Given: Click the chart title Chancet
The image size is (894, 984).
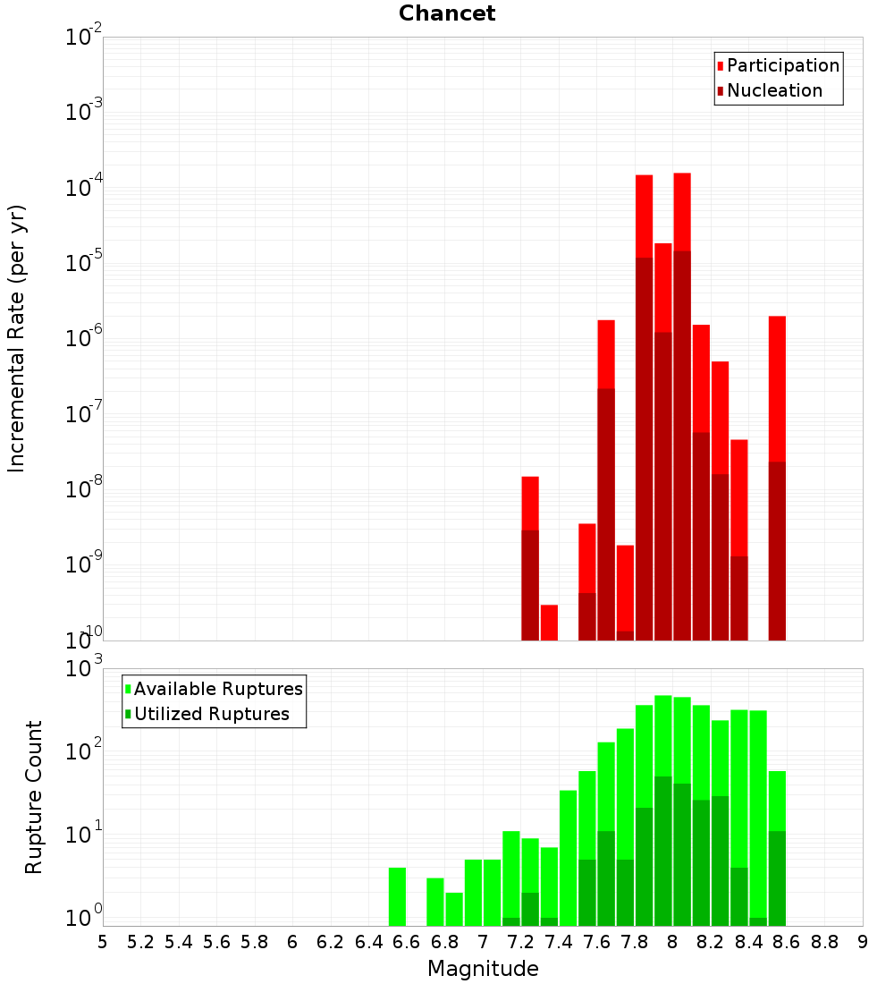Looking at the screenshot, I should click(447, 13).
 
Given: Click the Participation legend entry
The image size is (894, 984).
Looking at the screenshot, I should click(783, 66).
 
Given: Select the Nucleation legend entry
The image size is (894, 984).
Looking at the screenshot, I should click(774, 91).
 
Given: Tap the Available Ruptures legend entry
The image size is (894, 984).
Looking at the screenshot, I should click(218, 690).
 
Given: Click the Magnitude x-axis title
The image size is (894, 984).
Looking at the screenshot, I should click(483, 969).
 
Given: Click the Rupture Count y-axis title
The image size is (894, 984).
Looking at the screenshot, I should click(34, 797).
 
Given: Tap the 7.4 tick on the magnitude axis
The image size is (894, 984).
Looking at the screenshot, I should click(559, 942).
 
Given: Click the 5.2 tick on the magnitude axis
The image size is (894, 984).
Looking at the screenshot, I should click(141, 942).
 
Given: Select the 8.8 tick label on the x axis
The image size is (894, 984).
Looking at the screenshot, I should click(824, 942).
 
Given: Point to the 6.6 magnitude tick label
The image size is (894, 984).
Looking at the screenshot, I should click(407, 942).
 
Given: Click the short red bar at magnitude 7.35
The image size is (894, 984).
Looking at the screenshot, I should click(549, 623).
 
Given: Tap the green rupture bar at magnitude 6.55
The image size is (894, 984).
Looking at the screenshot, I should click(397, 896).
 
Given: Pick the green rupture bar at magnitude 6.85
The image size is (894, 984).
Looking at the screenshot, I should click(454, 909).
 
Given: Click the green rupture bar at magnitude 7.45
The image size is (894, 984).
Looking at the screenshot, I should click(568, 858).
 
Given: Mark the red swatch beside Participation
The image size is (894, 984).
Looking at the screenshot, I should click(720, 66).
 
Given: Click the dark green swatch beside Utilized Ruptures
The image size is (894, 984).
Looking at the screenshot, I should click(128, 715).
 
